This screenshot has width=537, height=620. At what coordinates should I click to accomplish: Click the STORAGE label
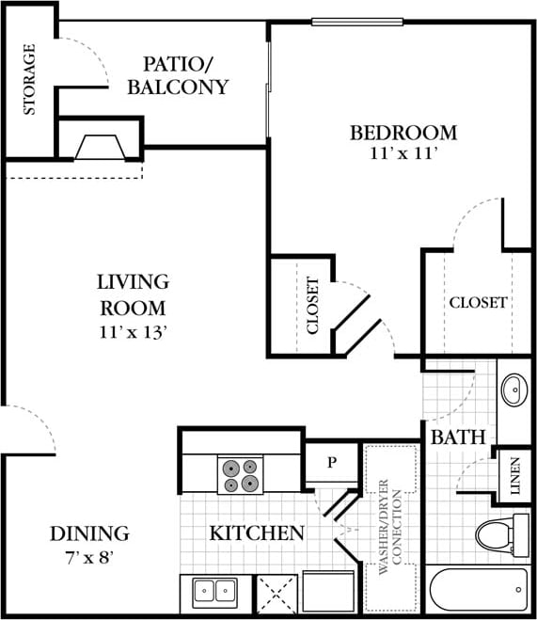point(29,78)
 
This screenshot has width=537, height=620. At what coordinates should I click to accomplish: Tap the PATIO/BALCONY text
point(185,75)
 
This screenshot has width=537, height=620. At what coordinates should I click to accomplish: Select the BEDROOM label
point(403,132)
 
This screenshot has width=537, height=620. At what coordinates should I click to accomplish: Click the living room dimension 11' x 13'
point(132,330)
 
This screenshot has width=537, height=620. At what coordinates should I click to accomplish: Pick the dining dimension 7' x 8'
point(88,556)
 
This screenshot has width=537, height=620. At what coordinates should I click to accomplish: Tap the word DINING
point(88,534)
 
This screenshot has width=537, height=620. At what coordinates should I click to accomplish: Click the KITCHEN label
point(256,533)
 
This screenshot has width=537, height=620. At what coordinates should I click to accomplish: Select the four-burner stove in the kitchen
point(239,475)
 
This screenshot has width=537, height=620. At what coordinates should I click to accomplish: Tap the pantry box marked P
point(331,463)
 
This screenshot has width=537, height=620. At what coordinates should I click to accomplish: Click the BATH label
point(458,437)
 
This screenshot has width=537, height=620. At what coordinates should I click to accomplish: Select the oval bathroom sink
point(514,390)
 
